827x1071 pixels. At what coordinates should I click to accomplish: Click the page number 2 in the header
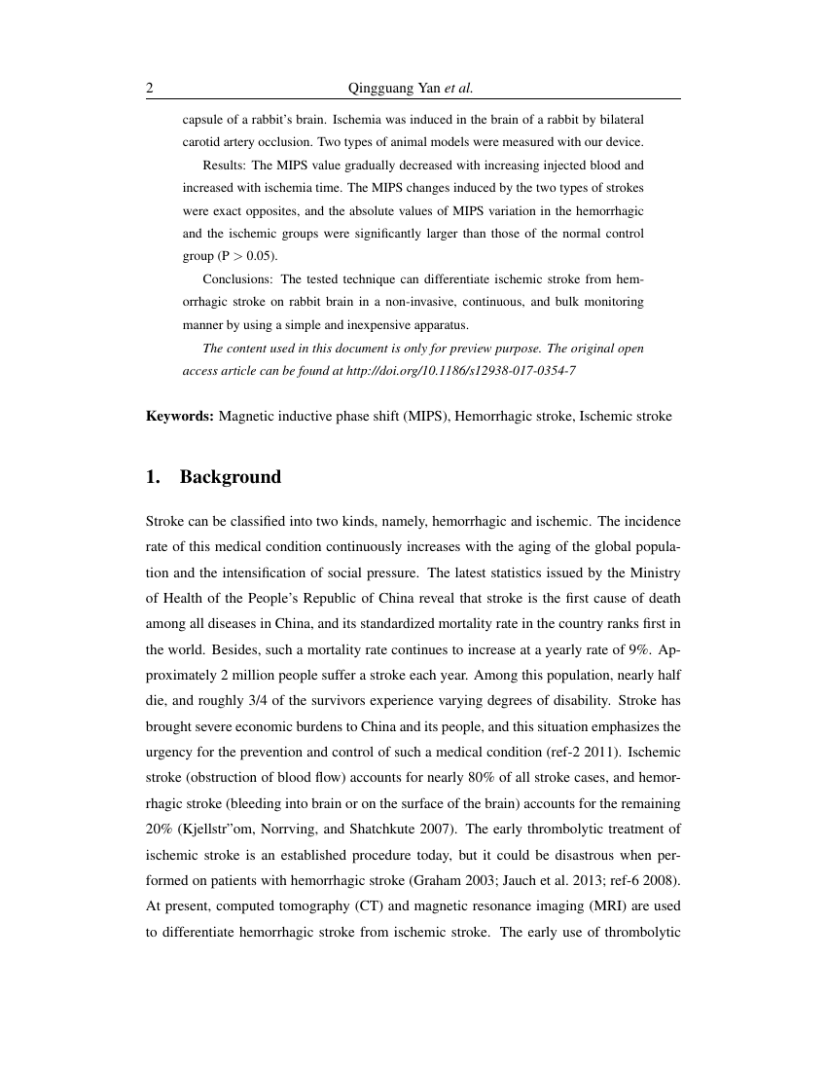(x=150, y=89)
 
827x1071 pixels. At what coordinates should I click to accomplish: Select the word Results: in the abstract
(x=224, y=166)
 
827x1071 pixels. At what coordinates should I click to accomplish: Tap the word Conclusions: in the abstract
(x=236, y=279)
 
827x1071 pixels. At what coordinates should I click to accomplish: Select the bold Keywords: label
(x=180, y=417)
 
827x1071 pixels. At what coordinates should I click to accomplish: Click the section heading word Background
(x=231, y=477)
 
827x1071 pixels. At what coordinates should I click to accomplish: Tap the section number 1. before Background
(x=153, y=477)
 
